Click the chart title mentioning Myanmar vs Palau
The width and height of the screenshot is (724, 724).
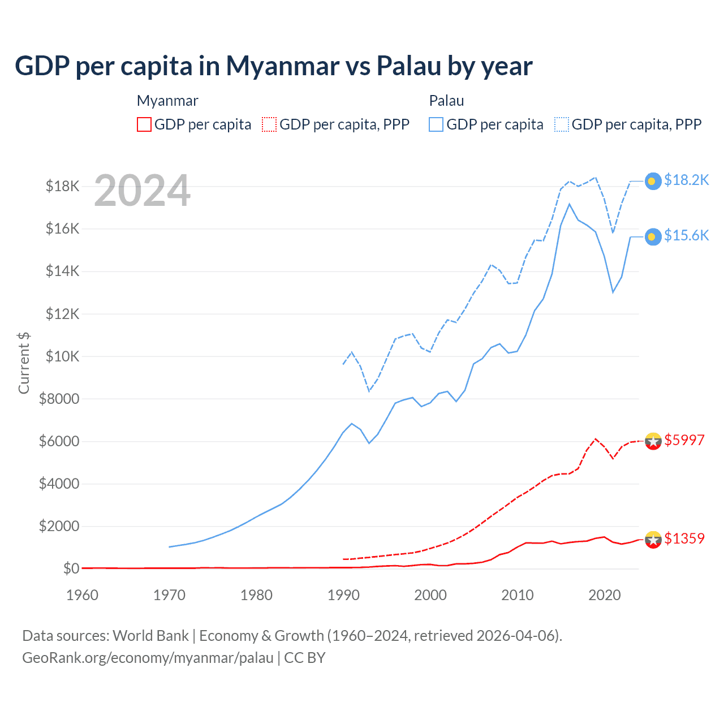[273, 66]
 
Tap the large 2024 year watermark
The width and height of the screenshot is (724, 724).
[142, 191]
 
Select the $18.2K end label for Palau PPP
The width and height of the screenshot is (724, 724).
[686, 180]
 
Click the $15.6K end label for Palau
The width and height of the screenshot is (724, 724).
[686, 235]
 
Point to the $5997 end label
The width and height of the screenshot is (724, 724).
[684, 440]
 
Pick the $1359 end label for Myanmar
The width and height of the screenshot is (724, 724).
[684, 538]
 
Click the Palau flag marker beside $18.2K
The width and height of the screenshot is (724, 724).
[653, 181]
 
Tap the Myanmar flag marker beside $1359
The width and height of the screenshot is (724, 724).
[653, 540]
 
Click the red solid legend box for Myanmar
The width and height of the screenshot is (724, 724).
[144, 124]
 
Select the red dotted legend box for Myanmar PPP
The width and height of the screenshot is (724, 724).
[270, 124]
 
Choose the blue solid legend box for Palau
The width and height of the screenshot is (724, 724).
[436, 124]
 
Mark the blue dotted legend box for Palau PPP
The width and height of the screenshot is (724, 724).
[562, 124]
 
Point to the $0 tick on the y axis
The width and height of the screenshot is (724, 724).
[70, 568]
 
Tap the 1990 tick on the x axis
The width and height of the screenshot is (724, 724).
[343, 595]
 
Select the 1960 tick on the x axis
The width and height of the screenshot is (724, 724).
[83, 595]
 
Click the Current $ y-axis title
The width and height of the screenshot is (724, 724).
[24, 363]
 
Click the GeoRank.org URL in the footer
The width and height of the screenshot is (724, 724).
[148, 658]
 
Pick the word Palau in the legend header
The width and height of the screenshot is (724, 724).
[446, 101]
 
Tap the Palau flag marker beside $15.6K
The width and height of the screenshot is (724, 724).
[653, 236]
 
